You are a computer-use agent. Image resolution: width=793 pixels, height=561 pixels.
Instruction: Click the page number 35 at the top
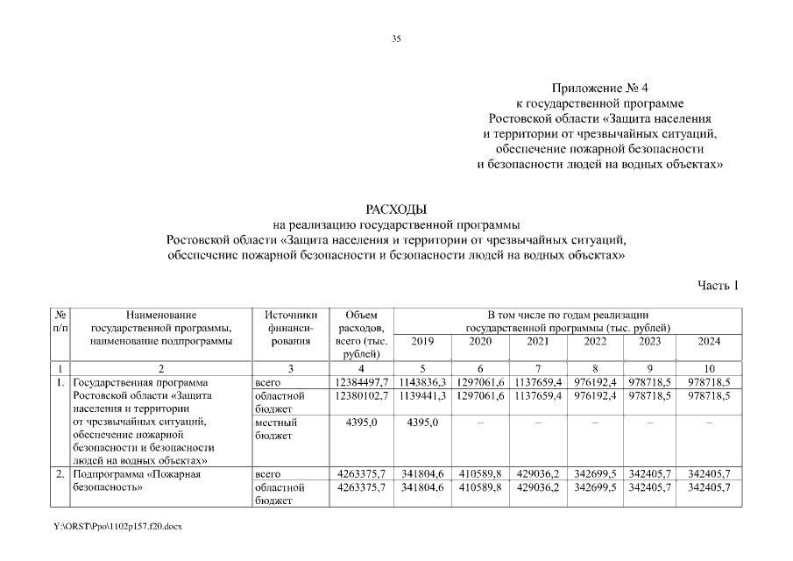396,39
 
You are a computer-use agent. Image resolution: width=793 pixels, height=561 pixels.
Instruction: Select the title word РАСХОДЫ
396,209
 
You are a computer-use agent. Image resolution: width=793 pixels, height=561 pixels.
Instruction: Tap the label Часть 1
719,285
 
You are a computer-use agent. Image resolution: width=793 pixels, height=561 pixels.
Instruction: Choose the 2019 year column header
422,341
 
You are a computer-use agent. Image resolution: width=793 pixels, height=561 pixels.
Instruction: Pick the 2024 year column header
709,341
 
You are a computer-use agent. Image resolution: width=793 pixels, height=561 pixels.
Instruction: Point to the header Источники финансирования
290,328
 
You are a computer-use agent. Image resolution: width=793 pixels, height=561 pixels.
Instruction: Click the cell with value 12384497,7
361,383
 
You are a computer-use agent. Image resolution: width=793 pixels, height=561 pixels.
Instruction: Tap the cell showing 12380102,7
361,396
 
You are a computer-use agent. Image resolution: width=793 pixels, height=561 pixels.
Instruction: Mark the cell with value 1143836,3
422,383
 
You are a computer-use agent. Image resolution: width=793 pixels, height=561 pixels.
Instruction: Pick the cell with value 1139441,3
422,396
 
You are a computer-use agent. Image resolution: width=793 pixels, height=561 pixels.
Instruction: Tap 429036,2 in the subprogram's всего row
538,474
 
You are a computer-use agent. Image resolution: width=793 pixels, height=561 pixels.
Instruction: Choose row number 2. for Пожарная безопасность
60,474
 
